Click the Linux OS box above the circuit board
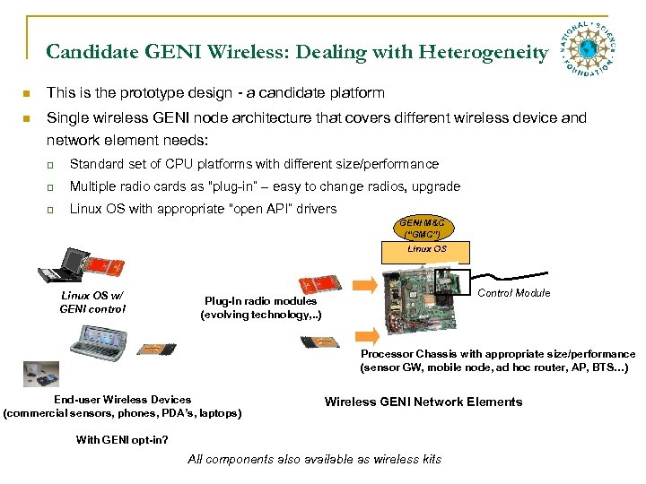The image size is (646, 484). (426, 249)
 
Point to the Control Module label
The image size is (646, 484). (514, 293)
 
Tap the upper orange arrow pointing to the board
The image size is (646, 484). (364, 285)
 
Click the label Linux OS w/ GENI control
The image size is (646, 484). (92, 302)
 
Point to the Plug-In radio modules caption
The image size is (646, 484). (260, 307)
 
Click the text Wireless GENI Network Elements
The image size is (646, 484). (423, 402)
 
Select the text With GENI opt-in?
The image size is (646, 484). (121, 439)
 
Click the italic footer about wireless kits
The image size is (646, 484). (314, 459)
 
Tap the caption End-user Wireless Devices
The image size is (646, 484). (122, 406)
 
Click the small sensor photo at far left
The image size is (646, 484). (34, 370)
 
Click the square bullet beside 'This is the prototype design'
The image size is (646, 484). (29, 93)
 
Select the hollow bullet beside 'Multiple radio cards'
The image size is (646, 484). (52, 187)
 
